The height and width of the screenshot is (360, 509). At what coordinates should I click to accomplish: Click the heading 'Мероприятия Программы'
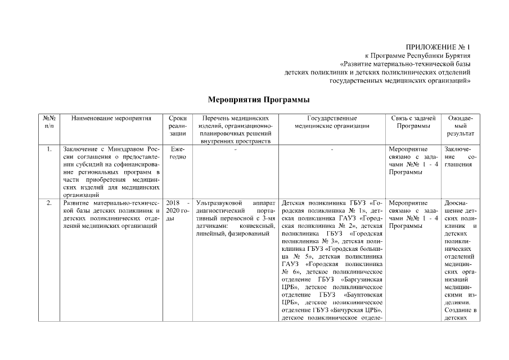(259, 100)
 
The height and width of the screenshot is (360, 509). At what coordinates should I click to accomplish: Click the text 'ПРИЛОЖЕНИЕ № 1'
(438, 47)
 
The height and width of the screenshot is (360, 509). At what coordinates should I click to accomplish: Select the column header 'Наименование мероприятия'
(111, 118)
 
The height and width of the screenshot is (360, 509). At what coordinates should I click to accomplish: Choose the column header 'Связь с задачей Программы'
(413, 122)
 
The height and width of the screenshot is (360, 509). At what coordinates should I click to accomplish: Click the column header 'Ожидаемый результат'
(460, 126)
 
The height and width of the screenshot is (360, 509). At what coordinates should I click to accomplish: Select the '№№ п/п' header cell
(48, 122)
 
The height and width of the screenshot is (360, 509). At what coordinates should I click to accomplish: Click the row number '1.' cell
(49, 149)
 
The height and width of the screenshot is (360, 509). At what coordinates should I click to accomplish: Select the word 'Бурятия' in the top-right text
(457, 56)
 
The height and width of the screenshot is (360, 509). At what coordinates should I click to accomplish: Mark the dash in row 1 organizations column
(332, 149)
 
